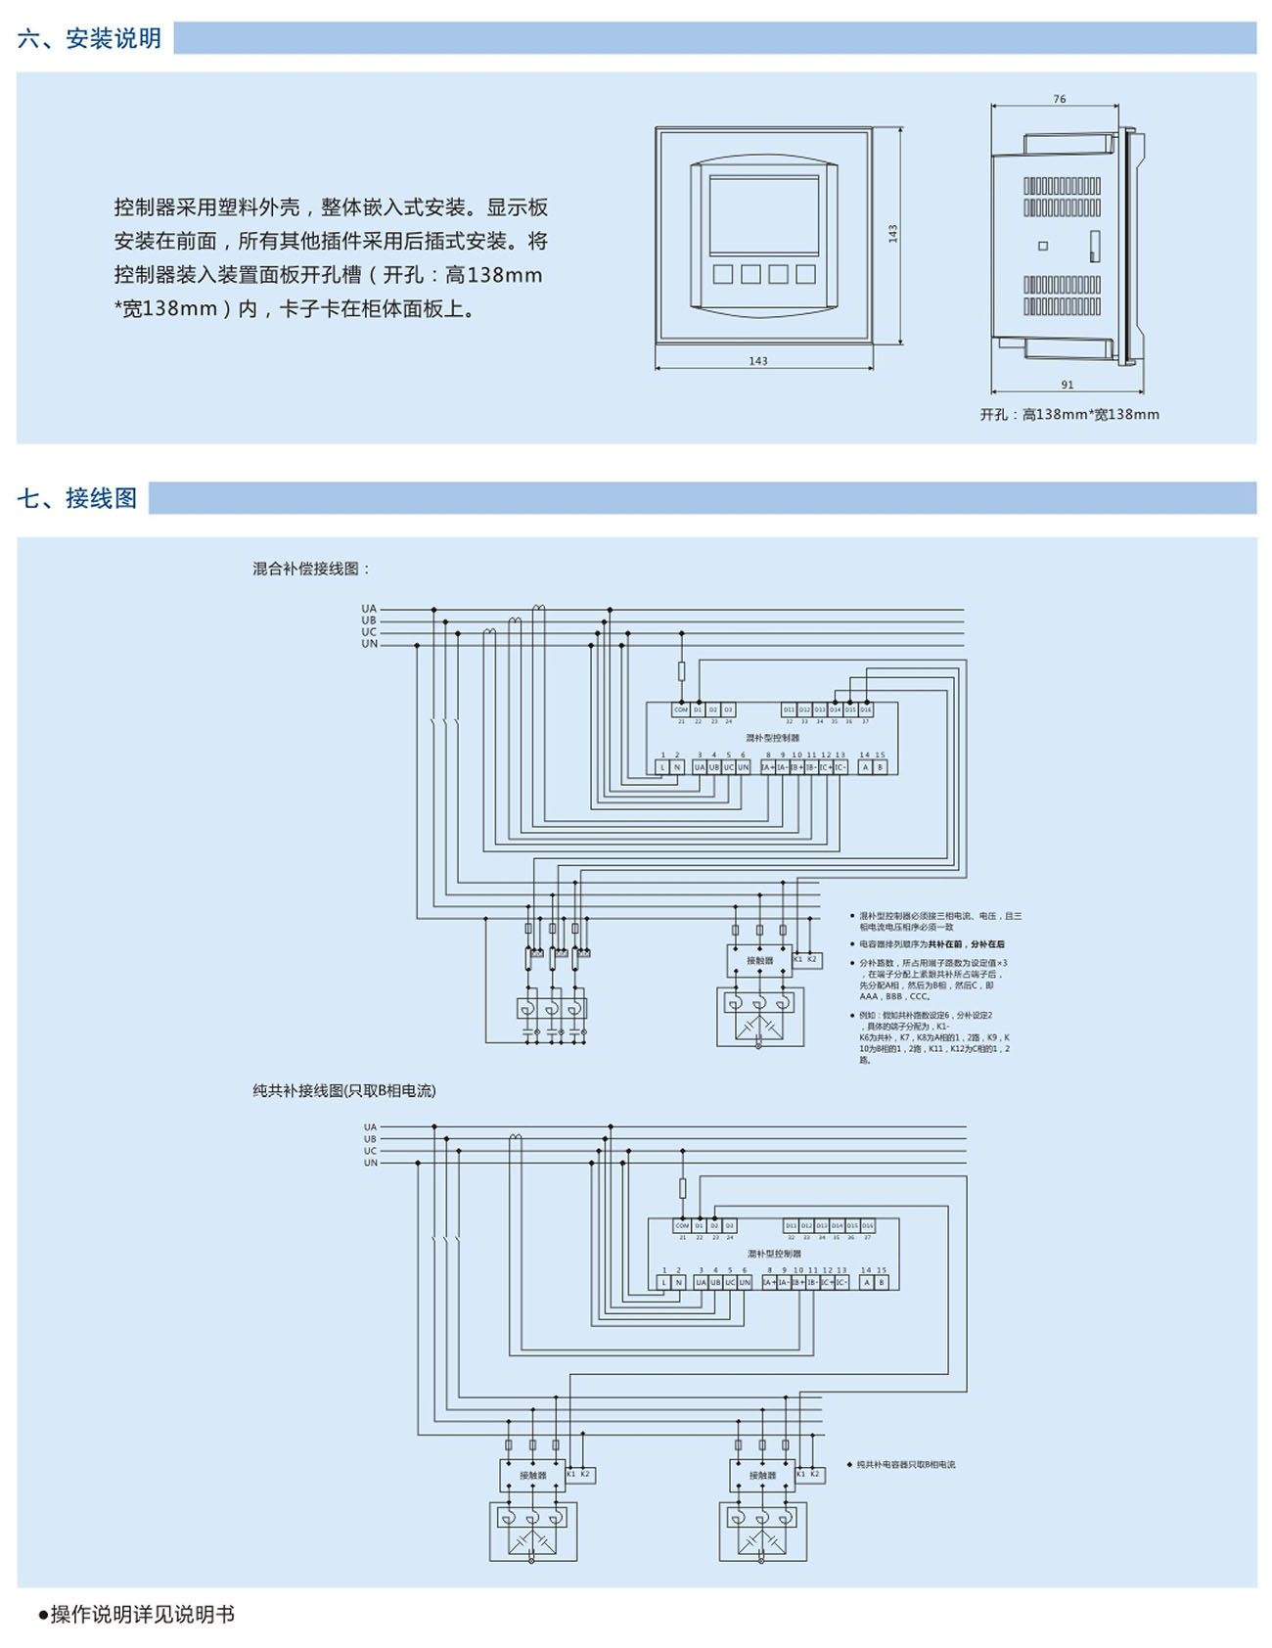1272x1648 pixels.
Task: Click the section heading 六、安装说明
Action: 89,38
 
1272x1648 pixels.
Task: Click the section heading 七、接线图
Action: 77,498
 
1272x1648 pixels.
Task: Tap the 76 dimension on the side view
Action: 1060,99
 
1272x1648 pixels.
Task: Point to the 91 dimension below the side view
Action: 1068,385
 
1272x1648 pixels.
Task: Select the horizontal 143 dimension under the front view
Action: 758,361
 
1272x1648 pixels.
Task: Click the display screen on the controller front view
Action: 763,216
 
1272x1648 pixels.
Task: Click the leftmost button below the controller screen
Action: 723,274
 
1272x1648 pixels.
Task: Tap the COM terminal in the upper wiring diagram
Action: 681,710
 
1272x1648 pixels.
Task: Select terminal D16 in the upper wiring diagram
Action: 866,710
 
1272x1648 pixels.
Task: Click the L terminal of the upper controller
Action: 662,767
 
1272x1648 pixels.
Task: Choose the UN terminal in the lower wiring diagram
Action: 745,1282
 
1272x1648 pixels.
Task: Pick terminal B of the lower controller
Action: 882,1282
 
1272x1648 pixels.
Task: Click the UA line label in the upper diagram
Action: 369,609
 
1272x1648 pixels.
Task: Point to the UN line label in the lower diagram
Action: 371,1163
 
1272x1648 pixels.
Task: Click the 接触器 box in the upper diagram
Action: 759,961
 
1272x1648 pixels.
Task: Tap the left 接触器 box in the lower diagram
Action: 532,1475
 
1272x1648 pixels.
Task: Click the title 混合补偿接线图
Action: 311,569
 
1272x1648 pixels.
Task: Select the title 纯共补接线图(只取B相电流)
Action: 344,1090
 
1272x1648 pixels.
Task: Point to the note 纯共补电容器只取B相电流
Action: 905,1465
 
